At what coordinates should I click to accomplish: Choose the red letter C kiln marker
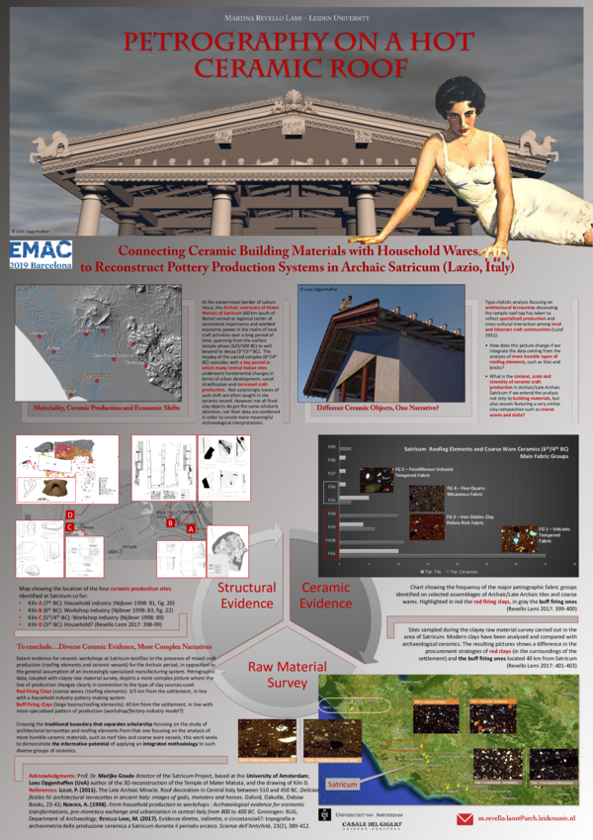point(69,528)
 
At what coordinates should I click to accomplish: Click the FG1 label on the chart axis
point(332,563)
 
